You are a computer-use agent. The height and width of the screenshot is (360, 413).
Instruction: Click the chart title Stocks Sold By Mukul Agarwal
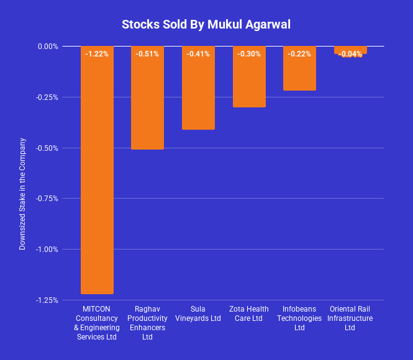pyautogui.click(x=206, y=25)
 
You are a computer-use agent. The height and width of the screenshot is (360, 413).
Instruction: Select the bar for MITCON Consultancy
pyautogui.click(x=97, y=174)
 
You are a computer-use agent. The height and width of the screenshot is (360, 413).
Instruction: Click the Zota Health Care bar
pyautogui.click(x=249, y=81)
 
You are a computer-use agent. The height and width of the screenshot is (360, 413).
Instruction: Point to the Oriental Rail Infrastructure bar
pyautogui.click(x=350, y=50)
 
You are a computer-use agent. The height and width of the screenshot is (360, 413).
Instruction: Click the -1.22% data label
pyautogui.click(x=97, y=54)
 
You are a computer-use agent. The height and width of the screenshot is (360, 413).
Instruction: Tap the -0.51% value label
pyautogui.click(x=147, y=54)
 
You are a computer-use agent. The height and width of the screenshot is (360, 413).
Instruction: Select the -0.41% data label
pyautogui.click(x=198, y=54)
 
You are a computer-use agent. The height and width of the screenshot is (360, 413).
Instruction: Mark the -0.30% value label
pyautogui.click(x=249, y=54)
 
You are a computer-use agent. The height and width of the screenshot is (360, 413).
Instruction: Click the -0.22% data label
pyautogui.click(x=299, y=54)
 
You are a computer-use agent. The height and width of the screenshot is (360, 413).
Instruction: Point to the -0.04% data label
pyautogui.click(x=350, y=55)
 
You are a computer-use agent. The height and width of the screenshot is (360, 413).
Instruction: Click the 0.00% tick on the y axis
pyautogui.click(x=47, y=47)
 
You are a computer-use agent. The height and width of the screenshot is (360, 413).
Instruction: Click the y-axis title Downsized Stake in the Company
pyautogui.click(x=22, y=194)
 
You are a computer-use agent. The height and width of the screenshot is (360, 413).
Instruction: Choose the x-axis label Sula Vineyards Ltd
pyautogui.click(x=198, y=314)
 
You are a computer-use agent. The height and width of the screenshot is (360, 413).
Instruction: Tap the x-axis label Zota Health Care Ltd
pyautogui.click(x=249, y=314)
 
